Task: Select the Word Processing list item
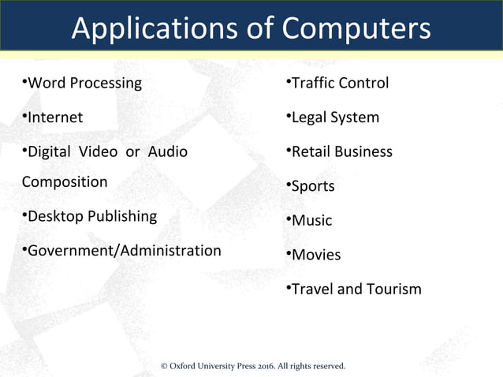click(84, 83)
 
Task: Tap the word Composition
click(65, 182)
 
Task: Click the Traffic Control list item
click(340, 83)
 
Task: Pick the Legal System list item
click(335, 118)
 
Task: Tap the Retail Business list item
click(341, 151)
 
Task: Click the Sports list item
click(313, 187)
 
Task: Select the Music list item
click(311, 221)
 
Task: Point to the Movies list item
click(316, 255)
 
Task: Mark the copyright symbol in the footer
click(164, 366)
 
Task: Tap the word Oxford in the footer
click(186, 366)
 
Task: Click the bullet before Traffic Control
click(288, 80)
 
